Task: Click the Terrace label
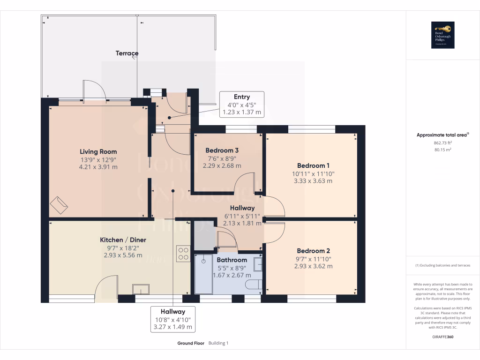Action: [127, 53]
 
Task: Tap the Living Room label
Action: [98, 151]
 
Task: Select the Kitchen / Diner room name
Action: [123, 240]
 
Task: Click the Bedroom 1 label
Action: [313, 165]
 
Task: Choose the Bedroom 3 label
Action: [222, 150]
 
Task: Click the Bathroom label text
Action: [232, 260]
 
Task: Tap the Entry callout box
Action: [242, 105]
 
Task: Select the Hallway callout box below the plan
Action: [172, 319]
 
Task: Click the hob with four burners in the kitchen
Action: [183, 254]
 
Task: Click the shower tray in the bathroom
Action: [204, 274]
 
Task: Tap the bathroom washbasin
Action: [258, 265]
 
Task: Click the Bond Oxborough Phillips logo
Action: [442, 35]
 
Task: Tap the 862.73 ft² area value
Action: [442, 142]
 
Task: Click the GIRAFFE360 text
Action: [442, 337]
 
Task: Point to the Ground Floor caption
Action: [190, 343]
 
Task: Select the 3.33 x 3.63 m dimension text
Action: [313, 180]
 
